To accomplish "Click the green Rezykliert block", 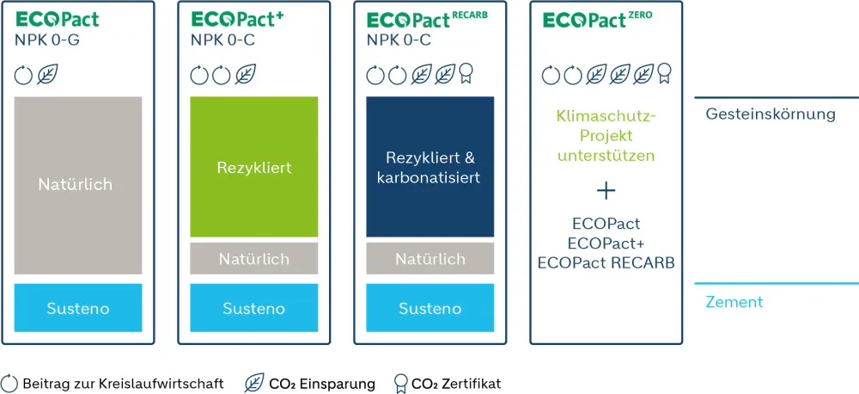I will [253, 166].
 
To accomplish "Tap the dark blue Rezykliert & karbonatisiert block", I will [429, 166].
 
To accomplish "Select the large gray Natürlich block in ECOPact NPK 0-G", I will [77, 184].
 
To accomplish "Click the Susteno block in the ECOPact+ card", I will [253, 308].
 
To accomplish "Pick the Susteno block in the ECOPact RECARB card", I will [429, 308].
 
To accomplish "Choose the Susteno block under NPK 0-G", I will [77, 308].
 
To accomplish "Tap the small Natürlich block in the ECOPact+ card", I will [253, 259].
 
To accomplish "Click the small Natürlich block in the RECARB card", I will [429, 259].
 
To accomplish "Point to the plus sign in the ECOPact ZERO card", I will [606, 190].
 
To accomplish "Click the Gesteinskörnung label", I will [770, 114].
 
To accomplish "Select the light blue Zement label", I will [734, 302].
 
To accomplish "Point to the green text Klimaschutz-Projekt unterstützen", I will [606, 135].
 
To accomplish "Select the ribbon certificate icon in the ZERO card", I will [664, 76].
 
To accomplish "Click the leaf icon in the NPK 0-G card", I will [47, 76].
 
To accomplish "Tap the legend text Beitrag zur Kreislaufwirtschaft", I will [123, 384].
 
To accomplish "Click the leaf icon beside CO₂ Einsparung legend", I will [254, 384].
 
